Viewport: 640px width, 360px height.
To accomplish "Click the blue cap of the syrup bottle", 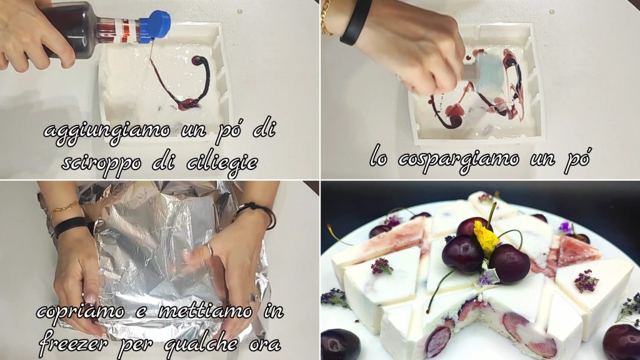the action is [x=155, y=26].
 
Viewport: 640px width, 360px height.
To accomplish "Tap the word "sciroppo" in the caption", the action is [x=102, y=163].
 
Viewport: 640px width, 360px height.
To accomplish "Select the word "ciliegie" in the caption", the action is [x=222, y=163].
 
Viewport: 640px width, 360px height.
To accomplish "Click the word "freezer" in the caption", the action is [x=74, y=343].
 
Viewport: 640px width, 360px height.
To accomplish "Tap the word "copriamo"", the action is [x=80, y=312].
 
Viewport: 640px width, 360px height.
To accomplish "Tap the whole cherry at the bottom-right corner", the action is [x=622, y=341].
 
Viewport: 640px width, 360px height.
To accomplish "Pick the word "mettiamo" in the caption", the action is [x=205, y=312].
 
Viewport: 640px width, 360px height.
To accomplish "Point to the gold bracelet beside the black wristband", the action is [x=326, y=17].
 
